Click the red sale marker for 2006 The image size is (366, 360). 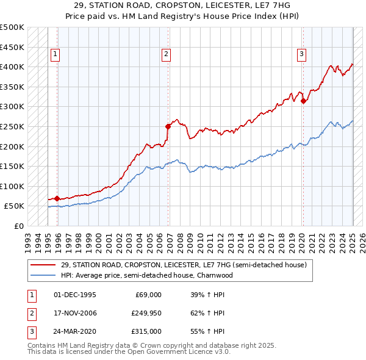(x=168, y=126)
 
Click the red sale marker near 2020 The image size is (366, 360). (x=304, y=101)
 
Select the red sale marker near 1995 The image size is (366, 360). (x=57, y=198)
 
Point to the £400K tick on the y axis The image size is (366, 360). (x=13, y=67)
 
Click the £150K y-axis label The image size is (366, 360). (x=13, y=166)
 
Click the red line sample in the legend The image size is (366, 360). (x=43, y=265)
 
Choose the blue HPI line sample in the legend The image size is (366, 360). (x=43, y=275)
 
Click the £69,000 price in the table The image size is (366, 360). (x=146, y=295)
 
